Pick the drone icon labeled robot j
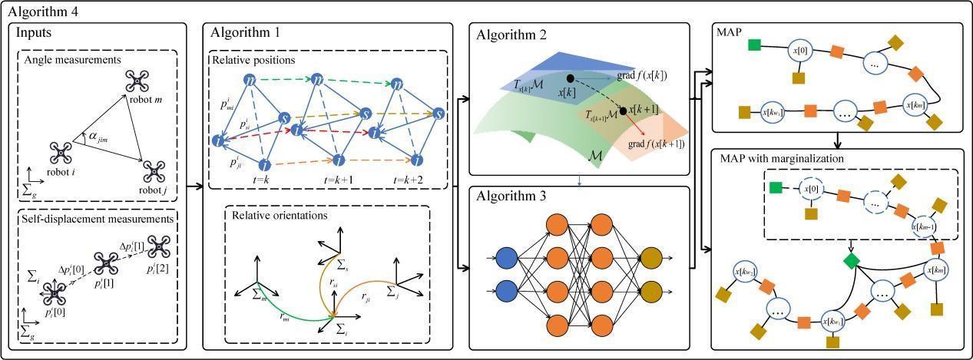152,169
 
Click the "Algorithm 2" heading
511,35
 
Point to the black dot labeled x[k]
569,78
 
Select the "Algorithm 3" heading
511,197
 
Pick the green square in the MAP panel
754,44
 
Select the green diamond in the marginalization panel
850,261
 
